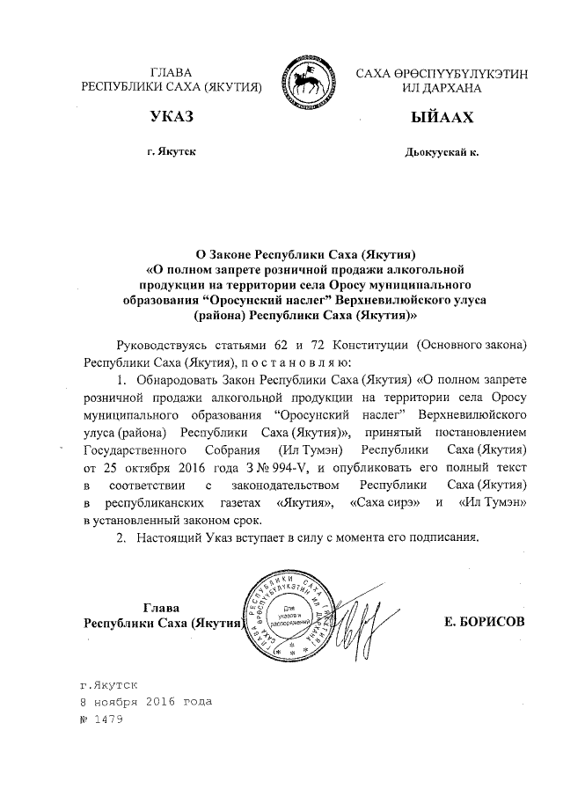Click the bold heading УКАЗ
point(172,116)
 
